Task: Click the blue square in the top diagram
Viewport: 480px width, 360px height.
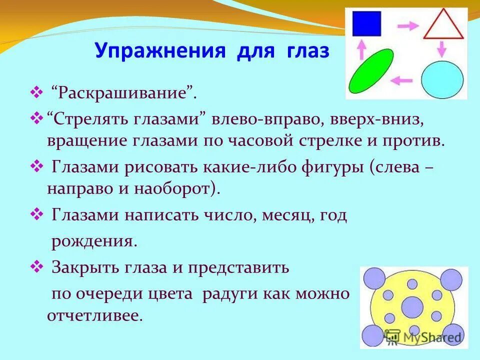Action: point(366,24)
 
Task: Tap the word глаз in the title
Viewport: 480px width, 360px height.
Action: point(308,51)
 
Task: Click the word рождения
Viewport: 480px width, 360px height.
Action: point(94,241)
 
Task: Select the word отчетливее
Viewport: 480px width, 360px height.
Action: point(95,315)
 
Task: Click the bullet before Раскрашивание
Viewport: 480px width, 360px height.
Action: point(37,92)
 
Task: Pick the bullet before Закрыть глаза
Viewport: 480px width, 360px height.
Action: point(37,266)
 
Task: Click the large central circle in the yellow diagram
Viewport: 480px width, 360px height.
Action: point(412,306)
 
